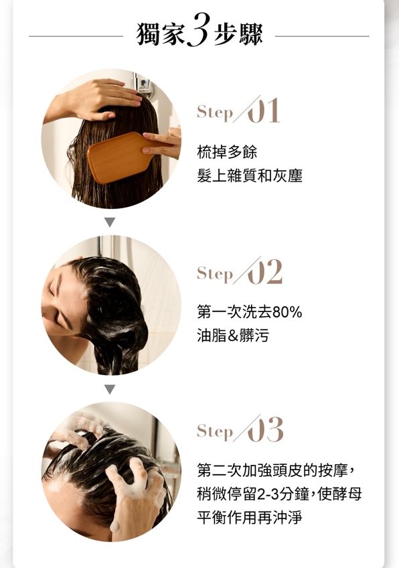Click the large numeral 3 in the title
(197, 29)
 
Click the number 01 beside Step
(263, 111)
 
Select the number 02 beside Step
(264, 272)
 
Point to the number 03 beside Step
(265, 429)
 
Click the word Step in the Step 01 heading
(215, 113)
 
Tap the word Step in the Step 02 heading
(215, 274)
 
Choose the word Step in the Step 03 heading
(215, 432)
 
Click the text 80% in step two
(287, 312)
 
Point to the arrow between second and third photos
(110, 389)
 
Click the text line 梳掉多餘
(227, 152)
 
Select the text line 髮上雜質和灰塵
(250, 175)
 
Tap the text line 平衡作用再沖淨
(250, 517)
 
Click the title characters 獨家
(161, 34)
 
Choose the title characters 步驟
(238, 34)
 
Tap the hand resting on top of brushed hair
(101, 98)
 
